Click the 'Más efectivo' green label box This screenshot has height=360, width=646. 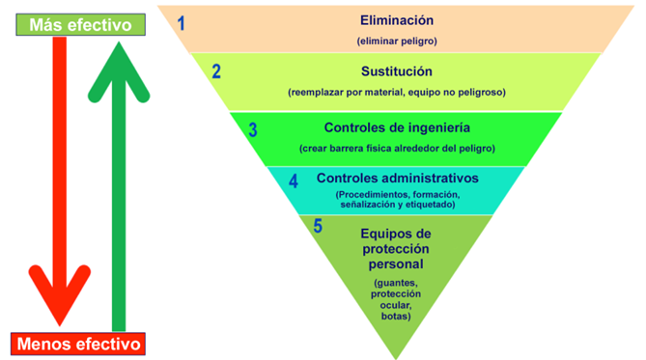(80, 25)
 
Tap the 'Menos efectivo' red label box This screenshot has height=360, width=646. (78, 344)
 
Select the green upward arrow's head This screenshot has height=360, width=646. (119, 70)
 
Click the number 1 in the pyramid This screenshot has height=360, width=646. (181, 23)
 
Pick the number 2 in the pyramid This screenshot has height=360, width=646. (216, 71)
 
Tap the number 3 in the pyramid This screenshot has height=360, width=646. (253, 129)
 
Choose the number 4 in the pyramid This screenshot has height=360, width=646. (294, 181)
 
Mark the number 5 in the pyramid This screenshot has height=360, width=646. (318, 226)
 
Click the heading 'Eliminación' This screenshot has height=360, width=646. (397, 20)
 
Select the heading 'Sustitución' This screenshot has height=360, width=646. (397, 71)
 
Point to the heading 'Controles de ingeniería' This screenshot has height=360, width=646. (397, 127)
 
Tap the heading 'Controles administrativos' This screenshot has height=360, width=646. (398, 178)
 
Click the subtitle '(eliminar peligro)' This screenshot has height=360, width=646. (397, 42)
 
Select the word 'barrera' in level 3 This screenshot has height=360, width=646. (346, 149)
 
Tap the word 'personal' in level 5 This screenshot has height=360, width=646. (396, 264)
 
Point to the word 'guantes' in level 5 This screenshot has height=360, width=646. (397, 284)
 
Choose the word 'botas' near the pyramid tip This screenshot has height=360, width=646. (395, 317)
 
